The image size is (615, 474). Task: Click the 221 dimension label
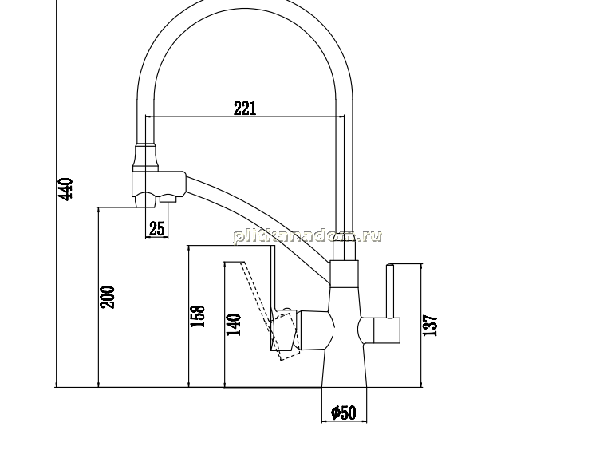click(x=245, y=109)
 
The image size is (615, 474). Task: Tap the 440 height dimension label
click(x=65, y=189)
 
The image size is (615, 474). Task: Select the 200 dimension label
click(x=107, y=297)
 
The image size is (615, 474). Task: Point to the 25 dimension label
click(x=157, y=228)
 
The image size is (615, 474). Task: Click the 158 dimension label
click(x=197, y=316)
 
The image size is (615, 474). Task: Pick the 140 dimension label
click(x=235, y=325)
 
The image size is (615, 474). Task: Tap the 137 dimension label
click(x=430, y=325)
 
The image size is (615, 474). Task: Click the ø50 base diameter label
click(x=344, y=413)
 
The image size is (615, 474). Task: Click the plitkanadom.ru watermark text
click(x=308, y=236)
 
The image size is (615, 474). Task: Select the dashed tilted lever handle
click(x=266, y=310)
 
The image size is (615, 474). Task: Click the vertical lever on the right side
click(x=390, y=291)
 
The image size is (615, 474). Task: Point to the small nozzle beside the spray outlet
click(x=168, y=199)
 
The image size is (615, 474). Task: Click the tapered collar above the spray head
click(x=146, y=157)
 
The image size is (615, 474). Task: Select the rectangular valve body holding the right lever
click(x=386, y=330)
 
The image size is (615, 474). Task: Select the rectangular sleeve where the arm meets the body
click(x=344, y=274)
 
